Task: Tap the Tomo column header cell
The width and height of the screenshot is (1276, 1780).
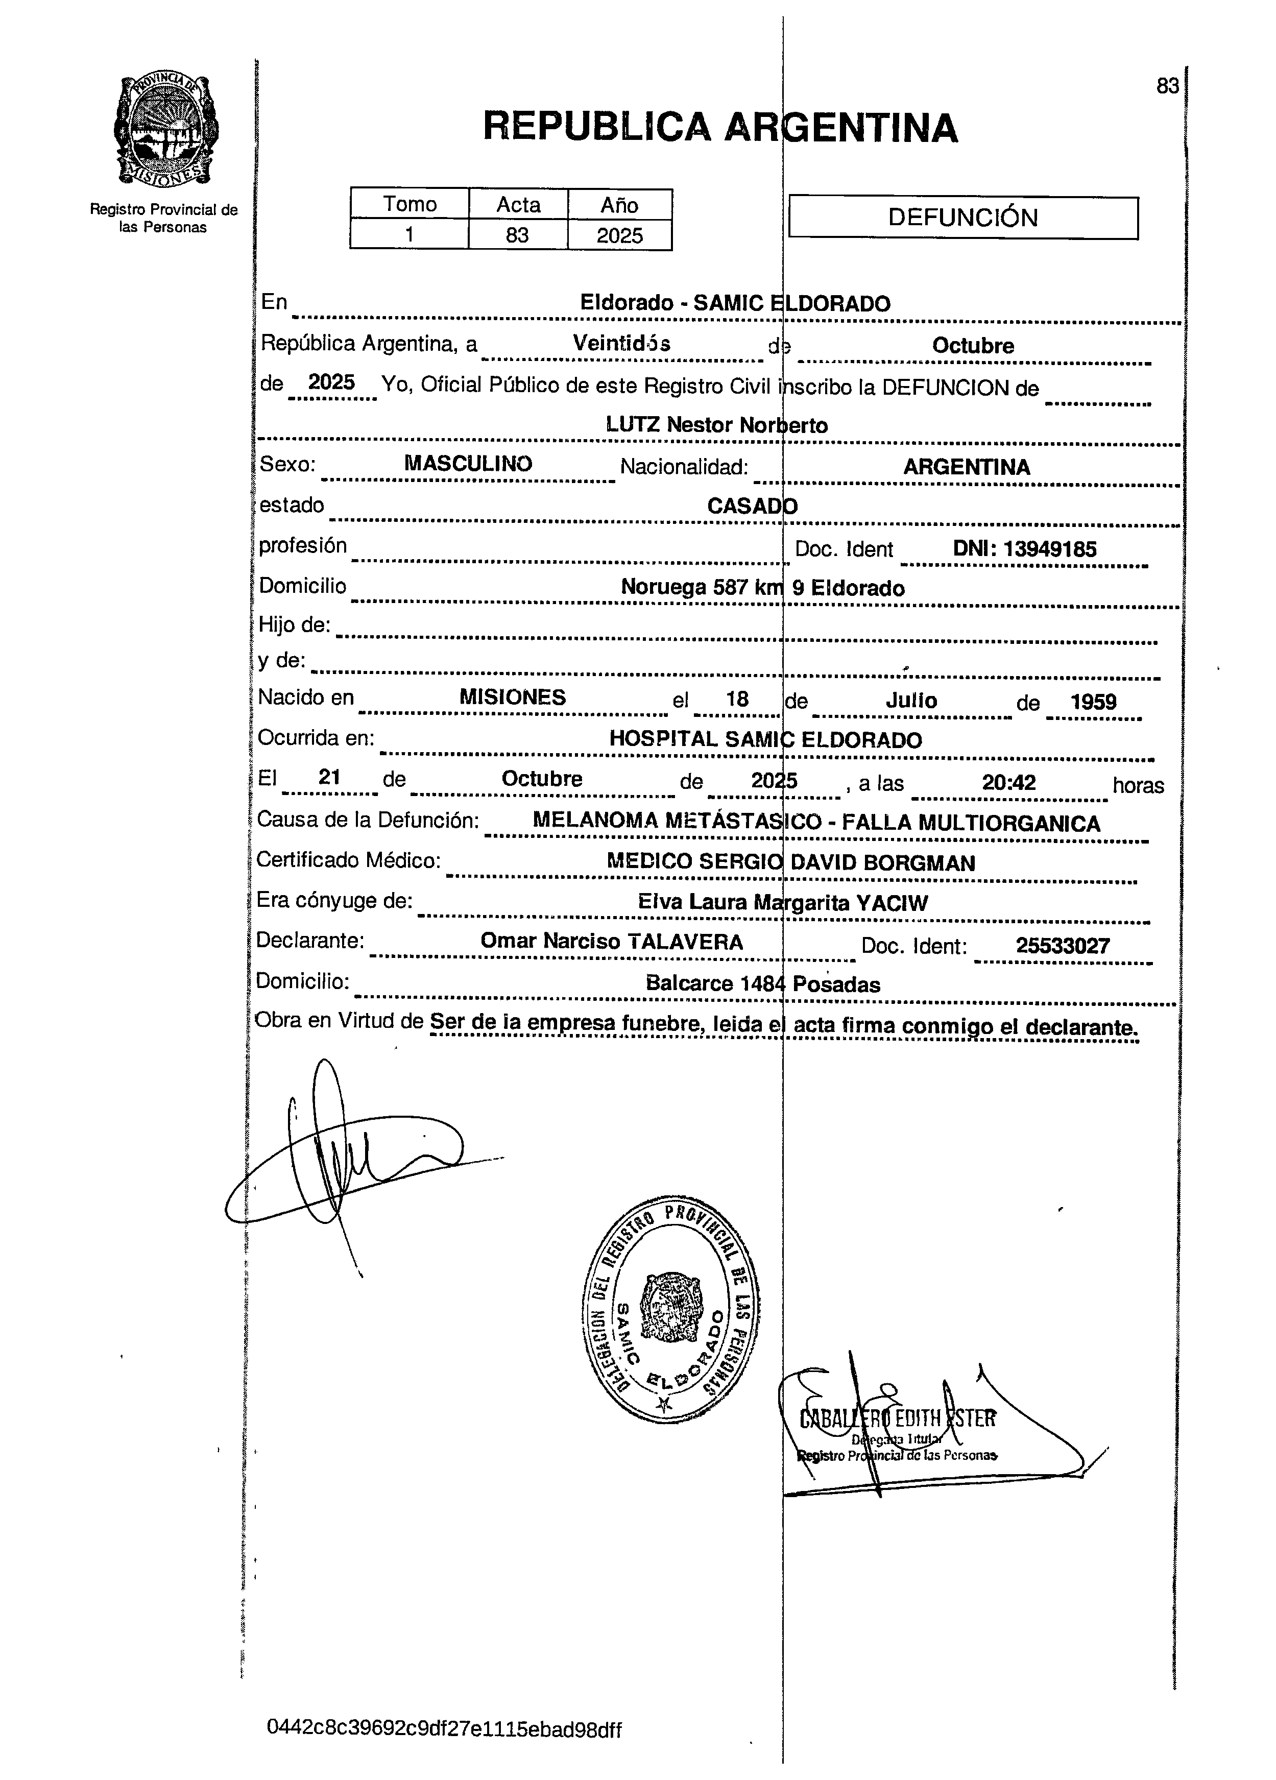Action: [x=409, y=204]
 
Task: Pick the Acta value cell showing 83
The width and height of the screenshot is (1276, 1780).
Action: [x=517, y=235]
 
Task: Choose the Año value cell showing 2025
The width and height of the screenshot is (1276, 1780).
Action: [x=619, y=235]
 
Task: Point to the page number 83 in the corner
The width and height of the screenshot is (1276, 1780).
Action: [x=1167, y=86]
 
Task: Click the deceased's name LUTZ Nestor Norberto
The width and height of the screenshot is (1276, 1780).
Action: [x=716, y=425]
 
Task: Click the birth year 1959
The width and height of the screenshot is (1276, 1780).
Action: [x=1093, y=701]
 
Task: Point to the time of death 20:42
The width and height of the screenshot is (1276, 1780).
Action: [x=1008, y=782]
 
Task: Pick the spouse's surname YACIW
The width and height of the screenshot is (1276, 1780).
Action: [x=892, y=903]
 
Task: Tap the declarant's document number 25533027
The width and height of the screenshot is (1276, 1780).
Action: [x=1063, y=945]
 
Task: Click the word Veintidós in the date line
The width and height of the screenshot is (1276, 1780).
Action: [x=621, y=343]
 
